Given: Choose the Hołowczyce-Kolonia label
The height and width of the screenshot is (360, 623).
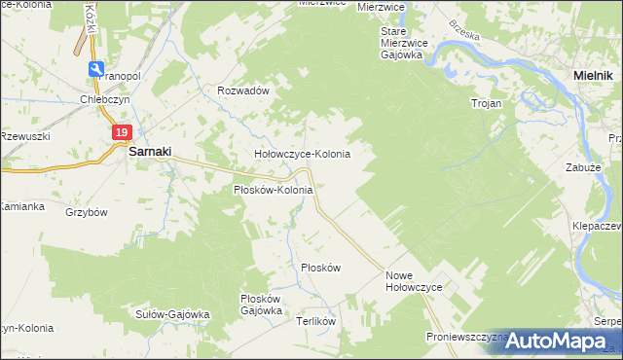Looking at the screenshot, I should pos(302,154).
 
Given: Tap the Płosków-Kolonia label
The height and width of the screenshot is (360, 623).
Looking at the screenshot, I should pos(273,190).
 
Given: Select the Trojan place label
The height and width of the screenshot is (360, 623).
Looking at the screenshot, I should pos(486,102).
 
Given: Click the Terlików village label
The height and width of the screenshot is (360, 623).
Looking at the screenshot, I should pos(316,321).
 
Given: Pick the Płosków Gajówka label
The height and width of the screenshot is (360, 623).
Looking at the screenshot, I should pos(261,305).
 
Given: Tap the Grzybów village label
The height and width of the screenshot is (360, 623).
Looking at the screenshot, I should pos(86,211).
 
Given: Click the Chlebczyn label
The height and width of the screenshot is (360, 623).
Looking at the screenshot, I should pos(105,97).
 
